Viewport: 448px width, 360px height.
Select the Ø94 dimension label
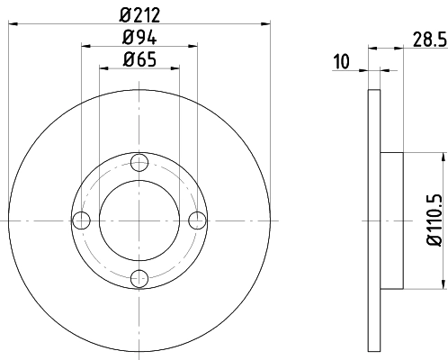point(139,38)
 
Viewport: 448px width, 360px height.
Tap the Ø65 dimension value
point(139,61)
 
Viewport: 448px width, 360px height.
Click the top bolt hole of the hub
point(139,163)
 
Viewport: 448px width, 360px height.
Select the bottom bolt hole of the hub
point(139,278)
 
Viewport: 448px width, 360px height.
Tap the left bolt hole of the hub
point(81,220)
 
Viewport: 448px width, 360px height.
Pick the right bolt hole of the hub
point(196,220)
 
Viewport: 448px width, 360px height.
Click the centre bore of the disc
point(139,220)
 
